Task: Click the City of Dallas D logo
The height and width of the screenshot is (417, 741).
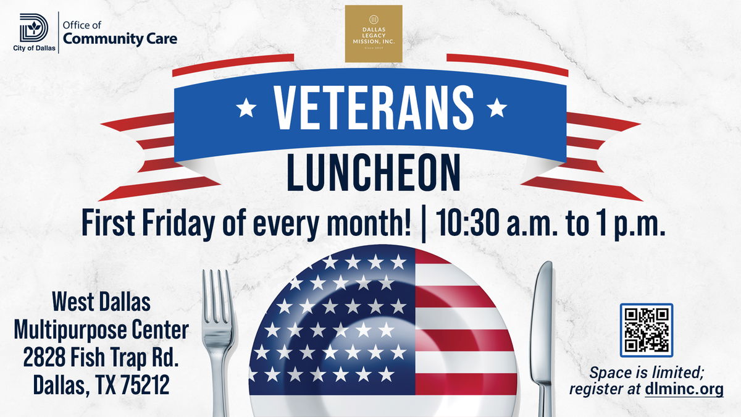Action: pyautogui.click(x=34, y=28)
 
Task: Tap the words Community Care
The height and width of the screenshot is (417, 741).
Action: pyautogui.click(x=120, y=39)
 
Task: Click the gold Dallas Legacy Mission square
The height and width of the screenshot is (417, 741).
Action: pyautogui.click(x=374, y=34)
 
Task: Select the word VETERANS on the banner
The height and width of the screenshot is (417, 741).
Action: pyautogui.click(x=374, y=107)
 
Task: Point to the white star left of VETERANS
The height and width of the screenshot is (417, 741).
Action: pyautogui.click(x=246, y=107)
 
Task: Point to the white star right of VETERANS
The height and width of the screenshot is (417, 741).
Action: pyautogui.click(x=496, y=107)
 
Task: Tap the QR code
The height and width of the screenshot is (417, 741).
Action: pyautogui.click(x=647, y=330)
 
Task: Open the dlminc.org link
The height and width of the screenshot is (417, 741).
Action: pyautogui.click(x=684, y=389)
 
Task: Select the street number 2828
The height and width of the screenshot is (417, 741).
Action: pyautogui.click(x=44, y=357)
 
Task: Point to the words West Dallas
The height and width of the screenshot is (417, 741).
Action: pyautogui.click(x=101, y=302)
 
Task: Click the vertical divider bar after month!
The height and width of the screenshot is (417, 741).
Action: pyautogui.click(x=423, y=224)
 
